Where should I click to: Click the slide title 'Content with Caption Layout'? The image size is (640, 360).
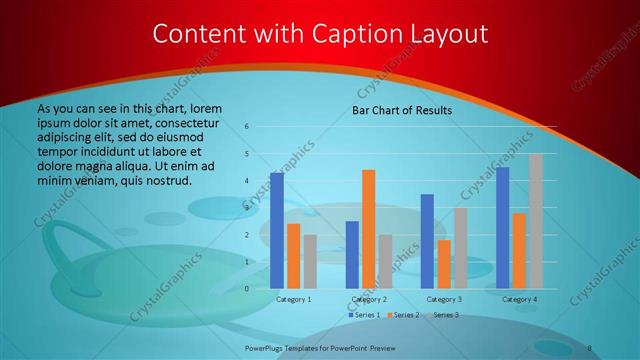tap(320, 34)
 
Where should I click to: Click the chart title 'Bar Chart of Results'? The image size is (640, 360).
tap(402, 110)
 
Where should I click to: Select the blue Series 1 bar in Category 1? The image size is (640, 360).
tap(277, 230)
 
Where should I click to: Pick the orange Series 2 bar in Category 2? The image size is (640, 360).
tap(368, 229)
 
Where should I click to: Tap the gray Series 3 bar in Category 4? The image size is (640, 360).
tap(535, 221)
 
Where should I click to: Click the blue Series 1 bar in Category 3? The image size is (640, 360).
tap(427, 241)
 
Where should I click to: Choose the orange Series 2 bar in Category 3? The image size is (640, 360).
tap(443, 264)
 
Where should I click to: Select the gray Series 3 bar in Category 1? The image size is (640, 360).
tap(309, 261)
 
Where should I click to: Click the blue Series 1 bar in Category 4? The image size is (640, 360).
tap(502, 227)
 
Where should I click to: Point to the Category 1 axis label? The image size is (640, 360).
tap(293, 299)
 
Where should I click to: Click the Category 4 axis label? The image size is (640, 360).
tap(519, 299)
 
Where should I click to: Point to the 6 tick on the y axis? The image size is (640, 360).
tap(246, 127)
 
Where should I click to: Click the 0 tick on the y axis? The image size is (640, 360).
tap(246, 288)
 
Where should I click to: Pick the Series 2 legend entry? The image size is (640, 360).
tap(403, 315)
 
